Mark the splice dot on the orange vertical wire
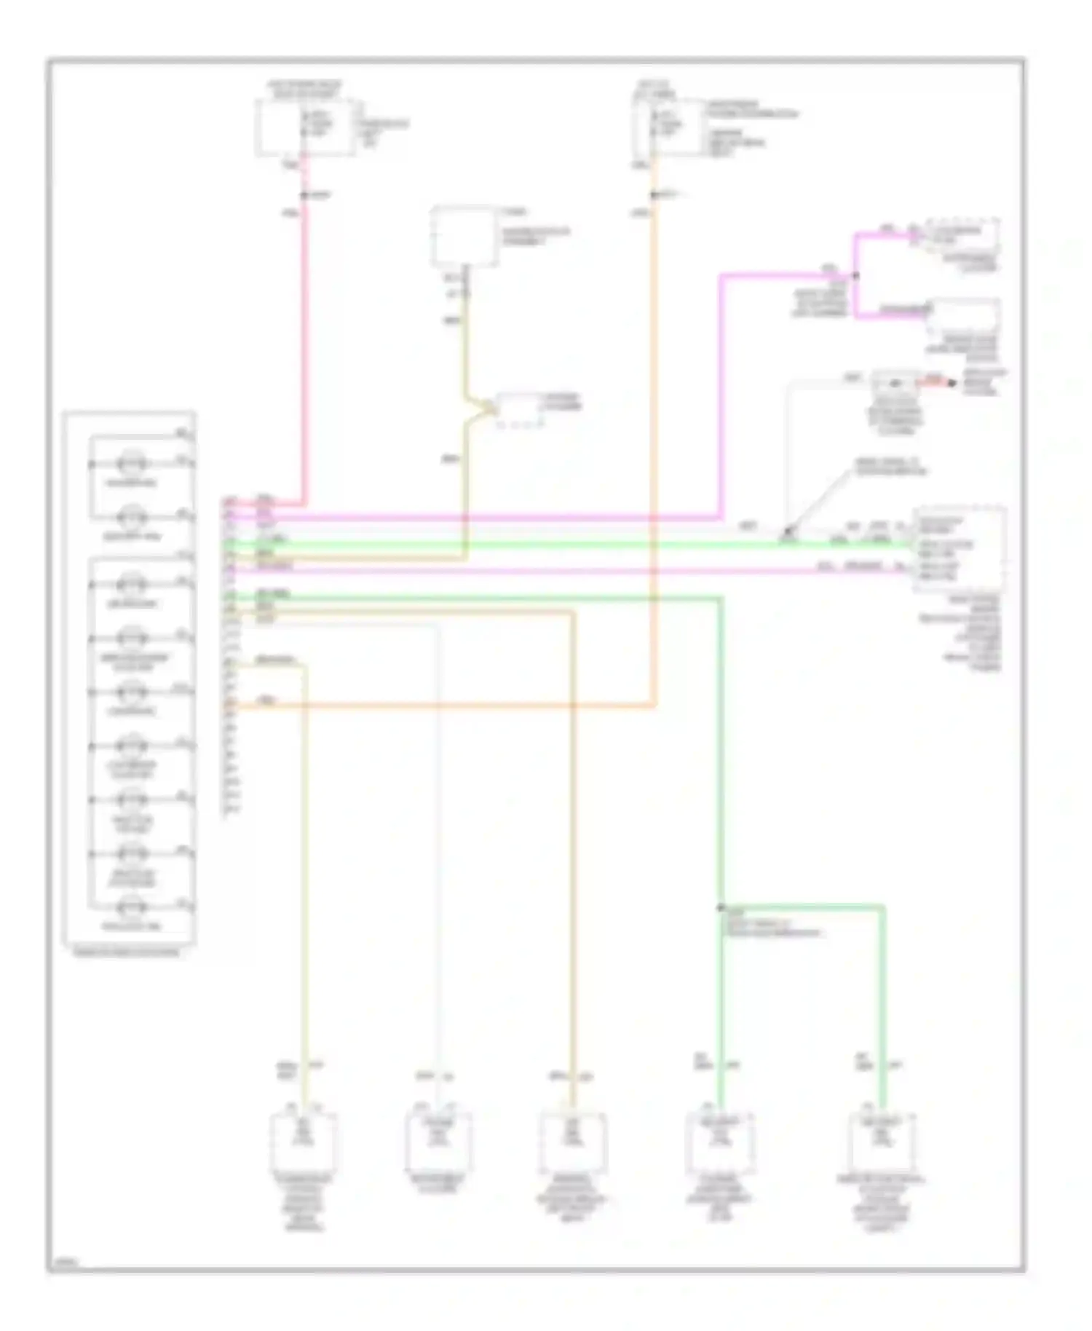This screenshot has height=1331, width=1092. [654, 196]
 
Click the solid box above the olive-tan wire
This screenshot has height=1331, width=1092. [464, 237]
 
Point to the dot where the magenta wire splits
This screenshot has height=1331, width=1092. [855, 276]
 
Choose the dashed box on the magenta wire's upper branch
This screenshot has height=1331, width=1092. [960, 234]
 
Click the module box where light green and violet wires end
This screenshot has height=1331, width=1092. [960, 550]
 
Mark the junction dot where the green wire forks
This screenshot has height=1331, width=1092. [720, 907]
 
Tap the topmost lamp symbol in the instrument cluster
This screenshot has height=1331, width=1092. [133, 464]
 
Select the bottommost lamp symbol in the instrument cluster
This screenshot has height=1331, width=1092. [133, 908]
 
